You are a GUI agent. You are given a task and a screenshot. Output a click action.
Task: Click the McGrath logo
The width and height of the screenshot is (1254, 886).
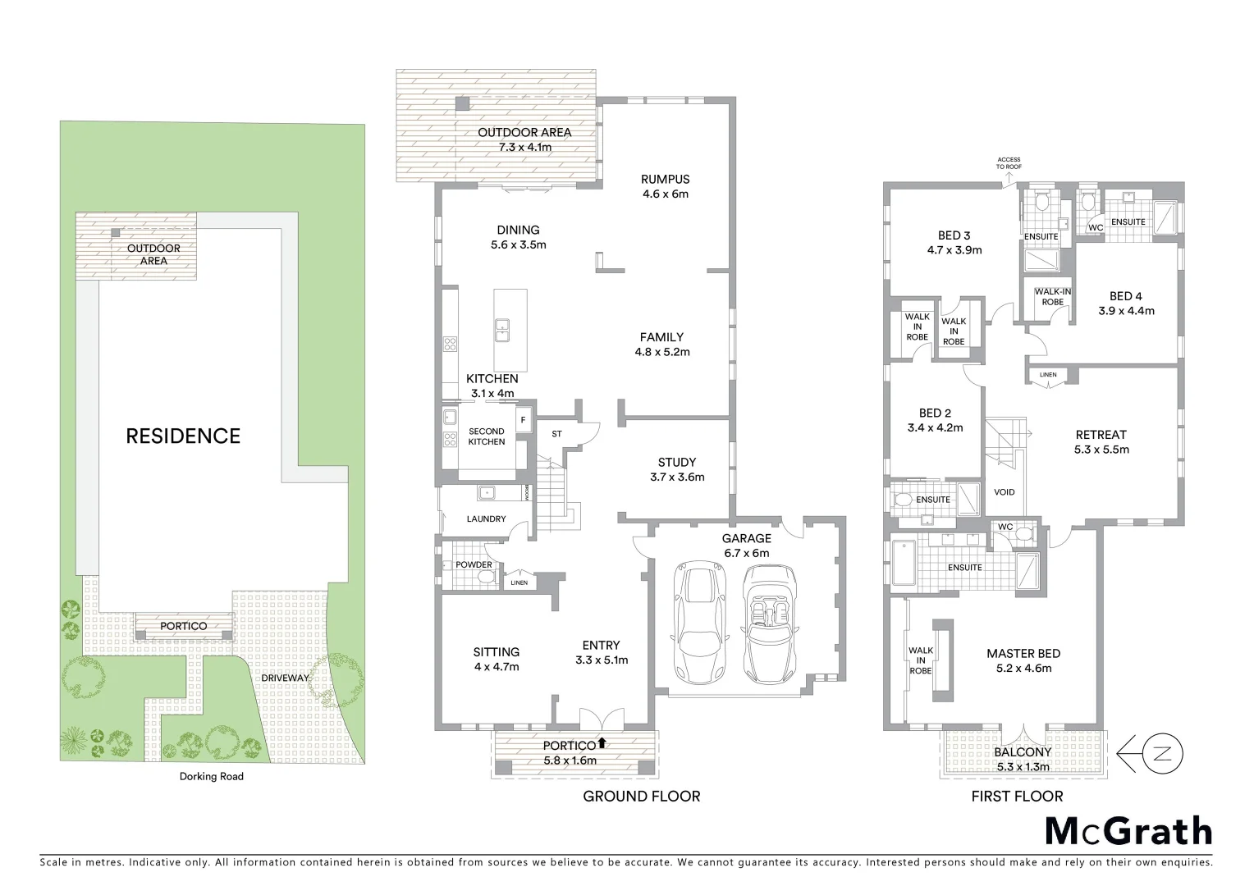(1128, 831)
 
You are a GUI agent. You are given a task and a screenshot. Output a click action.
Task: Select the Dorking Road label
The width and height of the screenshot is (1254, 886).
(212, 776)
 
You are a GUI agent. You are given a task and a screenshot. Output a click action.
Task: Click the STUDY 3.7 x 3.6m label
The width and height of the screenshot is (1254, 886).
(676, 469)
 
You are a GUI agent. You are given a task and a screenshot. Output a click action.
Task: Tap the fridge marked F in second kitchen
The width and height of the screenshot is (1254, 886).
(522, 421)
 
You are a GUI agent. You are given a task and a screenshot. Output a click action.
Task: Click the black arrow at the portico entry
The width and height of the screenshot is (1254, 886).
(602, 743)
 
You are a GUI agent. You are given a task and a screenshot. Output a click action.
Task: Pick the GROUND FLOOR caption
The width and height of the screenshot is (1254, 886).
(641, 796)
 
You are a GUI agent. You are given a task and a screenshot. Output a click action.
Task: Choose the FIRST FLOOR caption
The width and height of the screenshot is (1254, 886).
(1017, 796)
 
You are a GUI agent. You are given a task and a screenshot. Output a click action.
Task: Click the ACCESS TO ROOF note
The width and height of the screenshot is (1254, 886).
(1009, 162)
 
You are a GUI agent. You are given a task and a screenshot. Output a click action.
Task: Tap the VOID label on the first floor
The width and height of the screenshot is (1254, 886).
(1004, 492)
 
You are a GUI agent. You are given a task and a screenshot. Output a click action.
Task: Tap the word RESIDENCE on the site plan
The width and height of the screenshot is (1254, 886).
(183, 436)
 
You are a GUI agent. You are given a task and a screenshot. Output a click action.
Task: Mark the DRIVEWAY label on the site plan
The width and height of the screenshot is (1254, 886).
(286, 678)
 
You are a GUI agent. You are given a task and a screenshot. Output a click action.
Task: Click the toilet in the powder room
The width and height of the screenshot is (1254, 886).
(486, 576)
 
